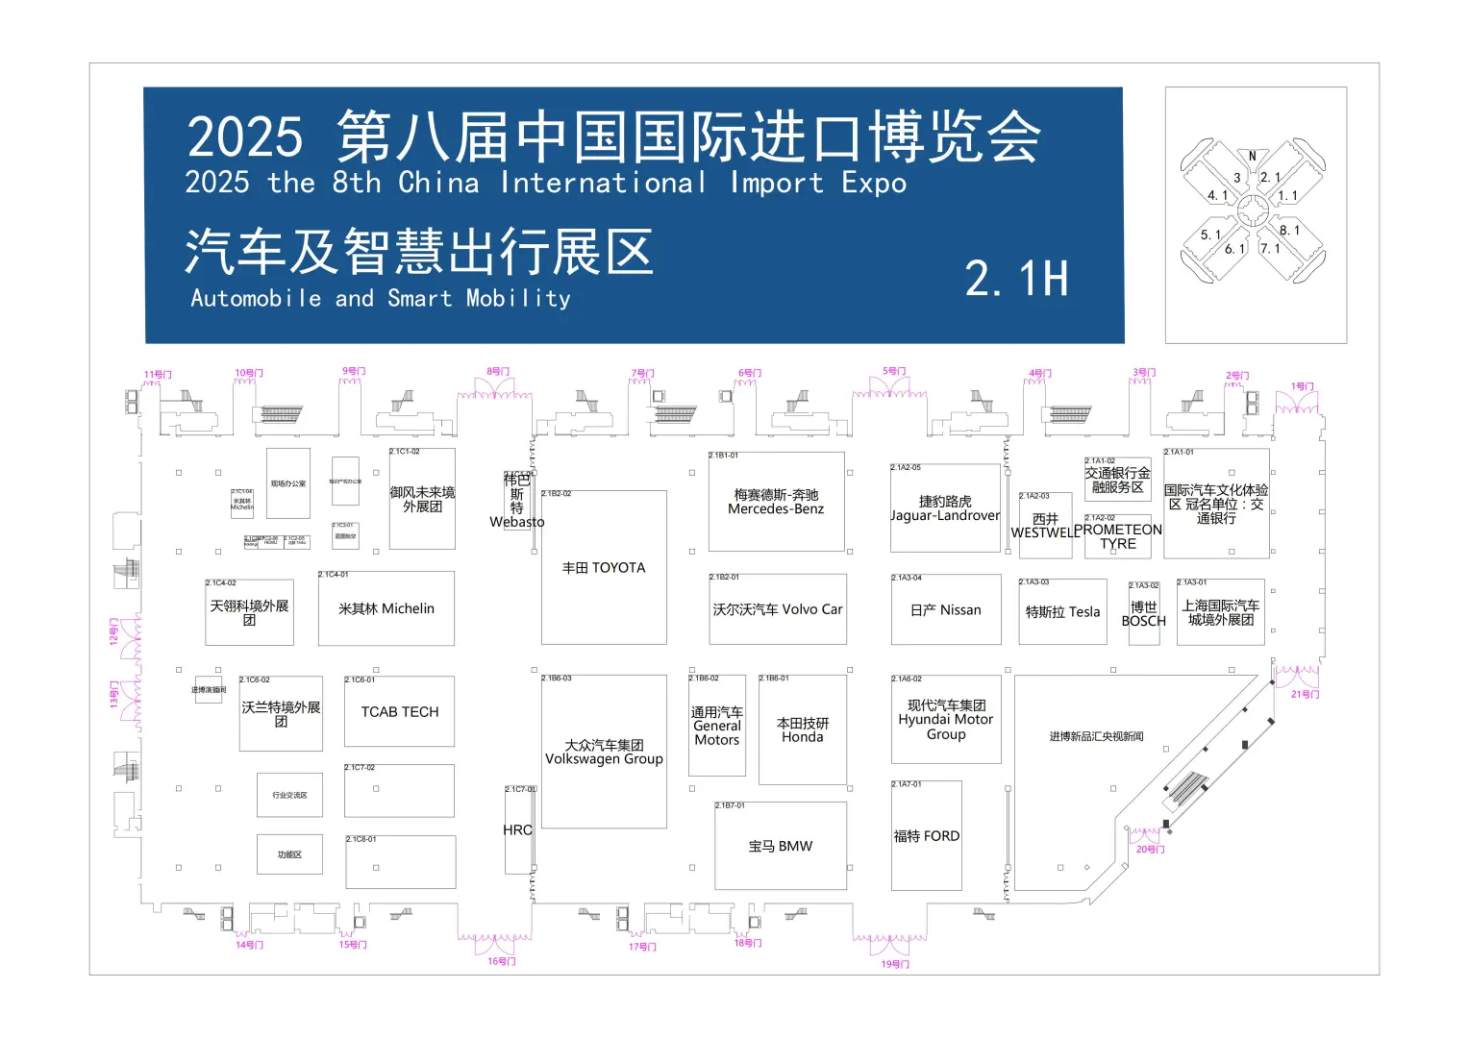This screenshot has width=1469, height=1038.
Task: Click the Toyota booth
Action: point(604,568)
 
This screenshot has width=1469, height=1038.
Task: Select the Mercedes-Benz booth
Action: point(776,502)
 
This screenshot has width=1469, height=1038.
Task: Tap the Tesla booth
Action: point(1062,612)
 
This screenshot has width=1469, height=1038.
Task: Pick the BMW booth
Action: point(780,847)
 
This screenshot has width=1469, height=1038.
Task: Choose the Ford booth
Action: point(926,836)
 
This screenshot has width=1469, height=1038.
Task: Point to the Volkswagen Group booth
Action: point(604,752)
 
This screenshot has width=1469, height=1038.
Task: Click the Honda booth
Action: point(802,730)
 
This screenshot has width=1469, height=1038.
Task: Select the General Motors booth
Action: point(716,727)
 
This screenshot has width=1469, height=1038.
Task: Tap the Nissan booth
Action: point(945,610)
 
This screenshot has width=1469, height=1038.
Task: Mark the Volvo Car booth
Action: point(777,609)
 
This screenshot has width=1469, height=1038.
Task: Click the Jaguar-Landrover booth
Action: point(945,508)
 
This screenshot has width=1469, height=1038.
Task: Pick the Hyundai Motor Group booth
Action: point(946,720)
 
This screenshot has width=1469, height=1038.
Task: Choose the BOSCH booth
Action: point(1143,614)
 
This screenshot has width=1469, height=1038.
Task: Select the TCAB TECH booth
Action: point(399,712)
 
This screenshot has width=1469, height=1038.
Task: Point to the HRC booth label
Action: point(517,830)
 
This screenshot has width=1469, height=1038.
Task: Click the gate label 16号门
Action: point(501,961)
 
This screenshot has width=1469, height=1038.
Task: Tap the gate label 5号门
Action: point(894,371)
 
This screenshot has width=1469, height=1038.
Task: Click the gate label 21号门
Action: point(1305,694)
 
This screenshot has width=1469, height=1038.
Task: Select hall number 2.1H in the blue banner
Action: point(1016,279)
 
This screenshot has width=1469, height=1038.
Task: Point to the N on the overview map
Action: point(1252,156)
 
